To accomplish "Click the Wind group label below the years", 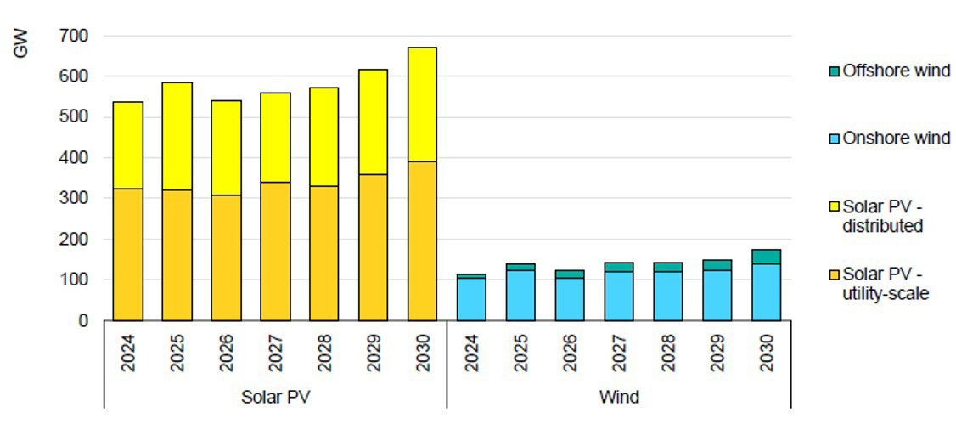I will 619,397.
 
